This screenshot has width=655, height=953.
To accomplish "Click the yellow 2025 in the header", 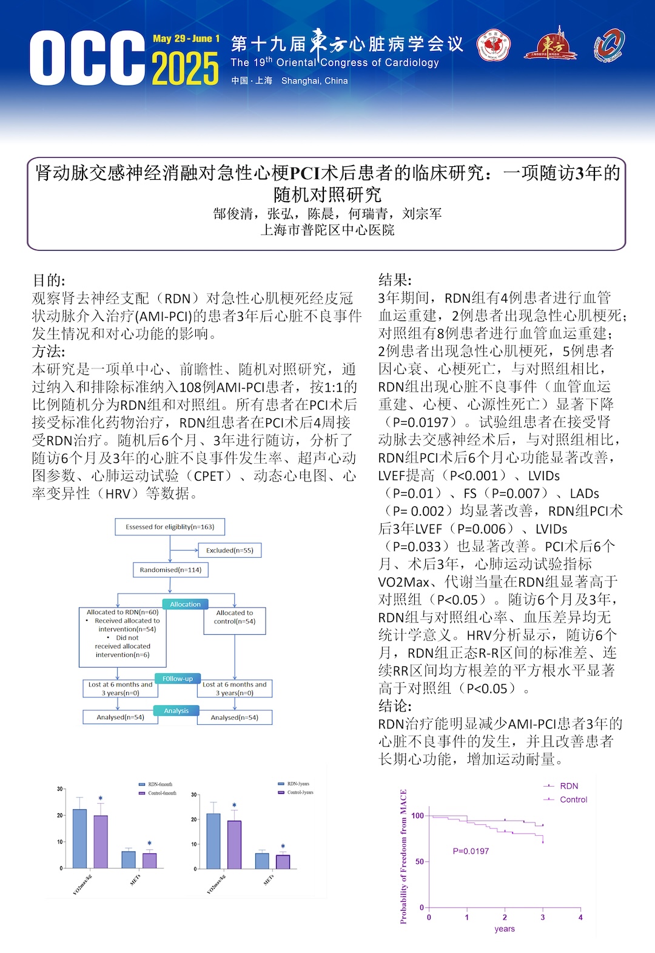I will [x=185, y=68].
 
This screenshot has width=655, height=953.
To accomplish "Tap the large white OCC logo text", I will [x=87, y=58].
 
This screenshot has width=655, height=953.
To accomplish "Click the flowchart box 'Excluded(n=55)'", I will [x=229, y=550].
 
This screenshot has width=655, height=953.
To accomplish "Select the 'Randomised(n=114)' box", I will [x=170, y=570].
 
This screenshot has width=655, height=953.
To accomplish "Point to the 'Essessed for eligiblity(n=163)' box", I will [x=170, y=527].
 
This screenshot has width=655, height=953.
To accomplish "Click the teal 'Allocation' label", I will [x=185, y=604].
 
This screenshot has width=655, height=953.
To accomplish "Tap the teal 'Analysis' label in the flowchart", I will [x=176, y=710].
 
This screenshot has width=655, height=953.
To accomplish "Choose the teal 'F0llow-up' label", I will [x=177, y=679].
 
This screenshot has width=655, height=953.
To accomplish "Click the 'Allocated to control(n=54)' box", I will [x=235, y=617].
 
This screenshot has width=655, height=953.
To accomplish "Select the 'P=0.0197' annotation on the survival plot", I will [x=471, y=851].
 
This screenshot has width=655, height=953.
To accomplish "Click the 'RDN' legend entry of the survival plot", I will [x=569, y=786].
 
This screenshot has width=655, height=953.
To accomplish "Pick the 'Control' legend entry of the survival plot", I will [x=573, y=799].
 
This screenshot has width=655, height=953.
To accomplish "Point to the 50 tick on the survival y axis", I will [x=420, y=861].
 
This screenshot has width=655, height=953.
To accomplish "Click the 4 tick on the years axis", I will [x=580, y=917].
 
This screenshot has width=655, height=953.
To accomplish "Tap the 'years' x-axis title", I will [x=505, y=929].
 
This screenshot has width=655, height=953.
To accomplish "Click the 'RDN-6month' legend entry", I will [x=160, y=784].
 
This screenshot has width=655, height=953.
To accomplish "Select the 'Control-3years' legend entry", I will [x=300, y=792].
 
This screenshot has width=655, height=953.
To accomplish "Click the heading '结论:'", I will [x=395, y=706].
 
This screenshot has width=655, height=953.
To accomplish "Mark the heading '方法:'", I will [x=49, y=351].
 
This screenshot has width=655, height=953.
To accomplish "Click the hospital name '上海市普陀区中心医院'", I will [x=327, y=230].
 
